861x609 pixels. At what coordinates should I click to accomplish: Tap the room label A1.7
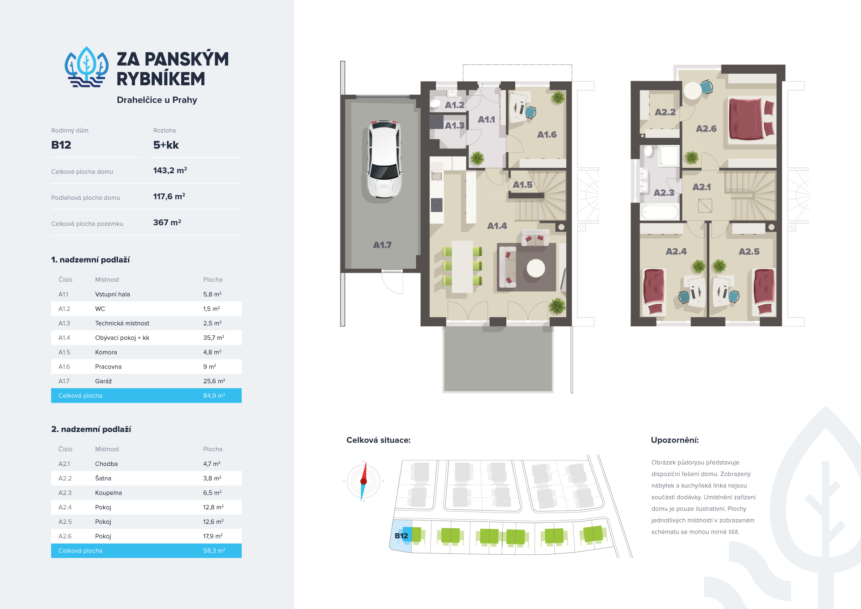pyautogui.click(x=382, y=245)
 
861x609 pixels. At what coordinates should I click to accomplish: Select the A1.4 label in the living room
pyautogui.click(x=497, y=226)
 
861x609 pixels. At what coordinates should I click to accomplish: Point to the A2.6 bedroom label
pyautogui.click(x=706, y=129)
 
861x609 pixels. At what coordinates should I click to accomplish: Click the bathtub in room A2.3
pyautogui.click(x=660, y=212)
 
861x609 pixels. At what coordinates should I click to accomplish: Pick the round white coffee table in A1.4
pyautogui.click(x=535, y=269)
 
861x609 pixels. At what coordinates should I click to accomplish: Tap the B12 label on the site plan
pyautogui.click(x=401, y=536)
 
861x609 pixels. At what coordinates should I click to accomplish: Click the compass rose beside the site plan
pyautogui.click(x=364, y=481)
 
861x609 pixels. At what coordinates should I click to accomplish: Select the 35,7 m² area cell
pyautogui.click(x=213, y=338)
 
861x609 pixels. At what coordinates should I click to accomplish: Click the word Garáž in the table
pyautogui.click(x=104, y=381)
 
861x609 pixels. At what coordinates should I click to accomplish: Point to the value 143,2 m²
pyautogui.click(x=170, y=171)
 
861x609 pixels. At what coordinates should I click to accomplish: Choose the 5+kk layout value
pyautogui.click(x=166, y=145)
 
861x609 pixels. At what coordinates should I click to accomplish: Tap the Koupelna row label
pyautogui.click(x=109, y=493)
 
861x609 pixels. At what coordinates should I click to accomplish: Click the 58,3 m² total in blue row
pyautogui.click(x=214, y=551)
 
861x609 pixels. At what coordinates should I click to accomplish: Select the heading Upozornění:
pyautogui.click(x=674, y=440)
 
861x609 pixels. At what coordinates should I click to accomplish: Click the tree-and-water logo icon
pyautogui.click(x=87, y=67)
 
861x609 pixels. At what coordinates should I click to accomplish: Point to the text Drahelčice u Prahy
pyautogui.click(x=157, y=100)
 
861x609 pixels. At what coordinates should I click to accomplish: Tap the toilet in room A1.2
pyautogui.click(x=435, y=103)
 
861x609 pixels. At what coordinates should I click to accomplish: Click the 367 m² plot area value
pyautogui.click(x=167, y=223)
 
